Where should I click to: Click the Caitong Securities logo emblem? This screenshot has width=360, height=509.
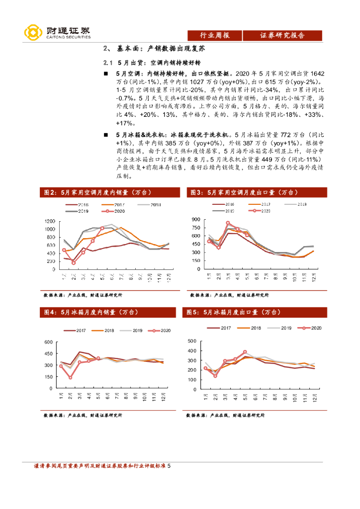[33, 33]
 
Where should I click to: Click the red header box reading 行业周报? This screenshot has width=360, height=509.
[214, 35]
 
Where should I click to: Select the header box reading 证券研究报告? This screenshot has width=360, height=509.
[282, 35]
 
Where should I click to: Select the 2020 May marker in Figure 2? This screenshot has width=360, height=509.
[102, 228]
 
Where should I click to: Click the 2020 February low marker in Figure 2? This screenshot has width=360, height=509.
[73, 262]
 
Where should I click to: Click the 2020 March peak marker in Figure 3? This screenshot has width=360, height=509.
[228, 223]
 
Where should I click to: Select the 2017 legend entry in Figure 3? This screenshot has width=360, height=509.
[260, 204]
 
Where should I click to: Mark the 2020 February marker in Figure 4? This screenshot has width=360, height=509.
[71, 377]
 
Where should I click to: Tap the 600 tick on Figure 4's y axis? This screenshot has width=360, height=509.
[48, 342]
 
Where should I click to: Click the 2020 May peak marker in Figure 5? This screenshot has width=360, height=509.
[245, 352]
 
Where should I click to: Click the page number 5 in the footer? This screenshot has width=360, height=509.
[169, 466]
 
